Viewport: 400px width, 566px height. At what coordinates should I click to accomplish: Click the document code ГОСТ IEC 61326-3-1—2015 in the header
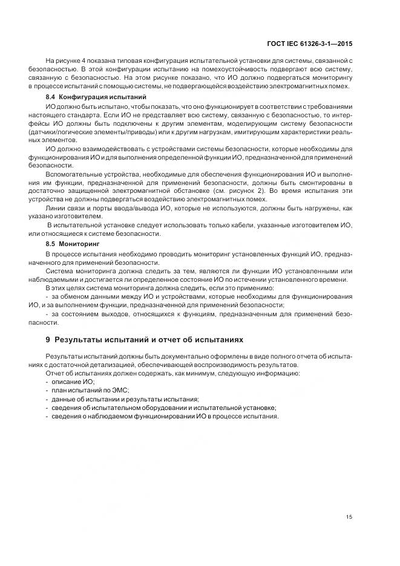310,44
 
